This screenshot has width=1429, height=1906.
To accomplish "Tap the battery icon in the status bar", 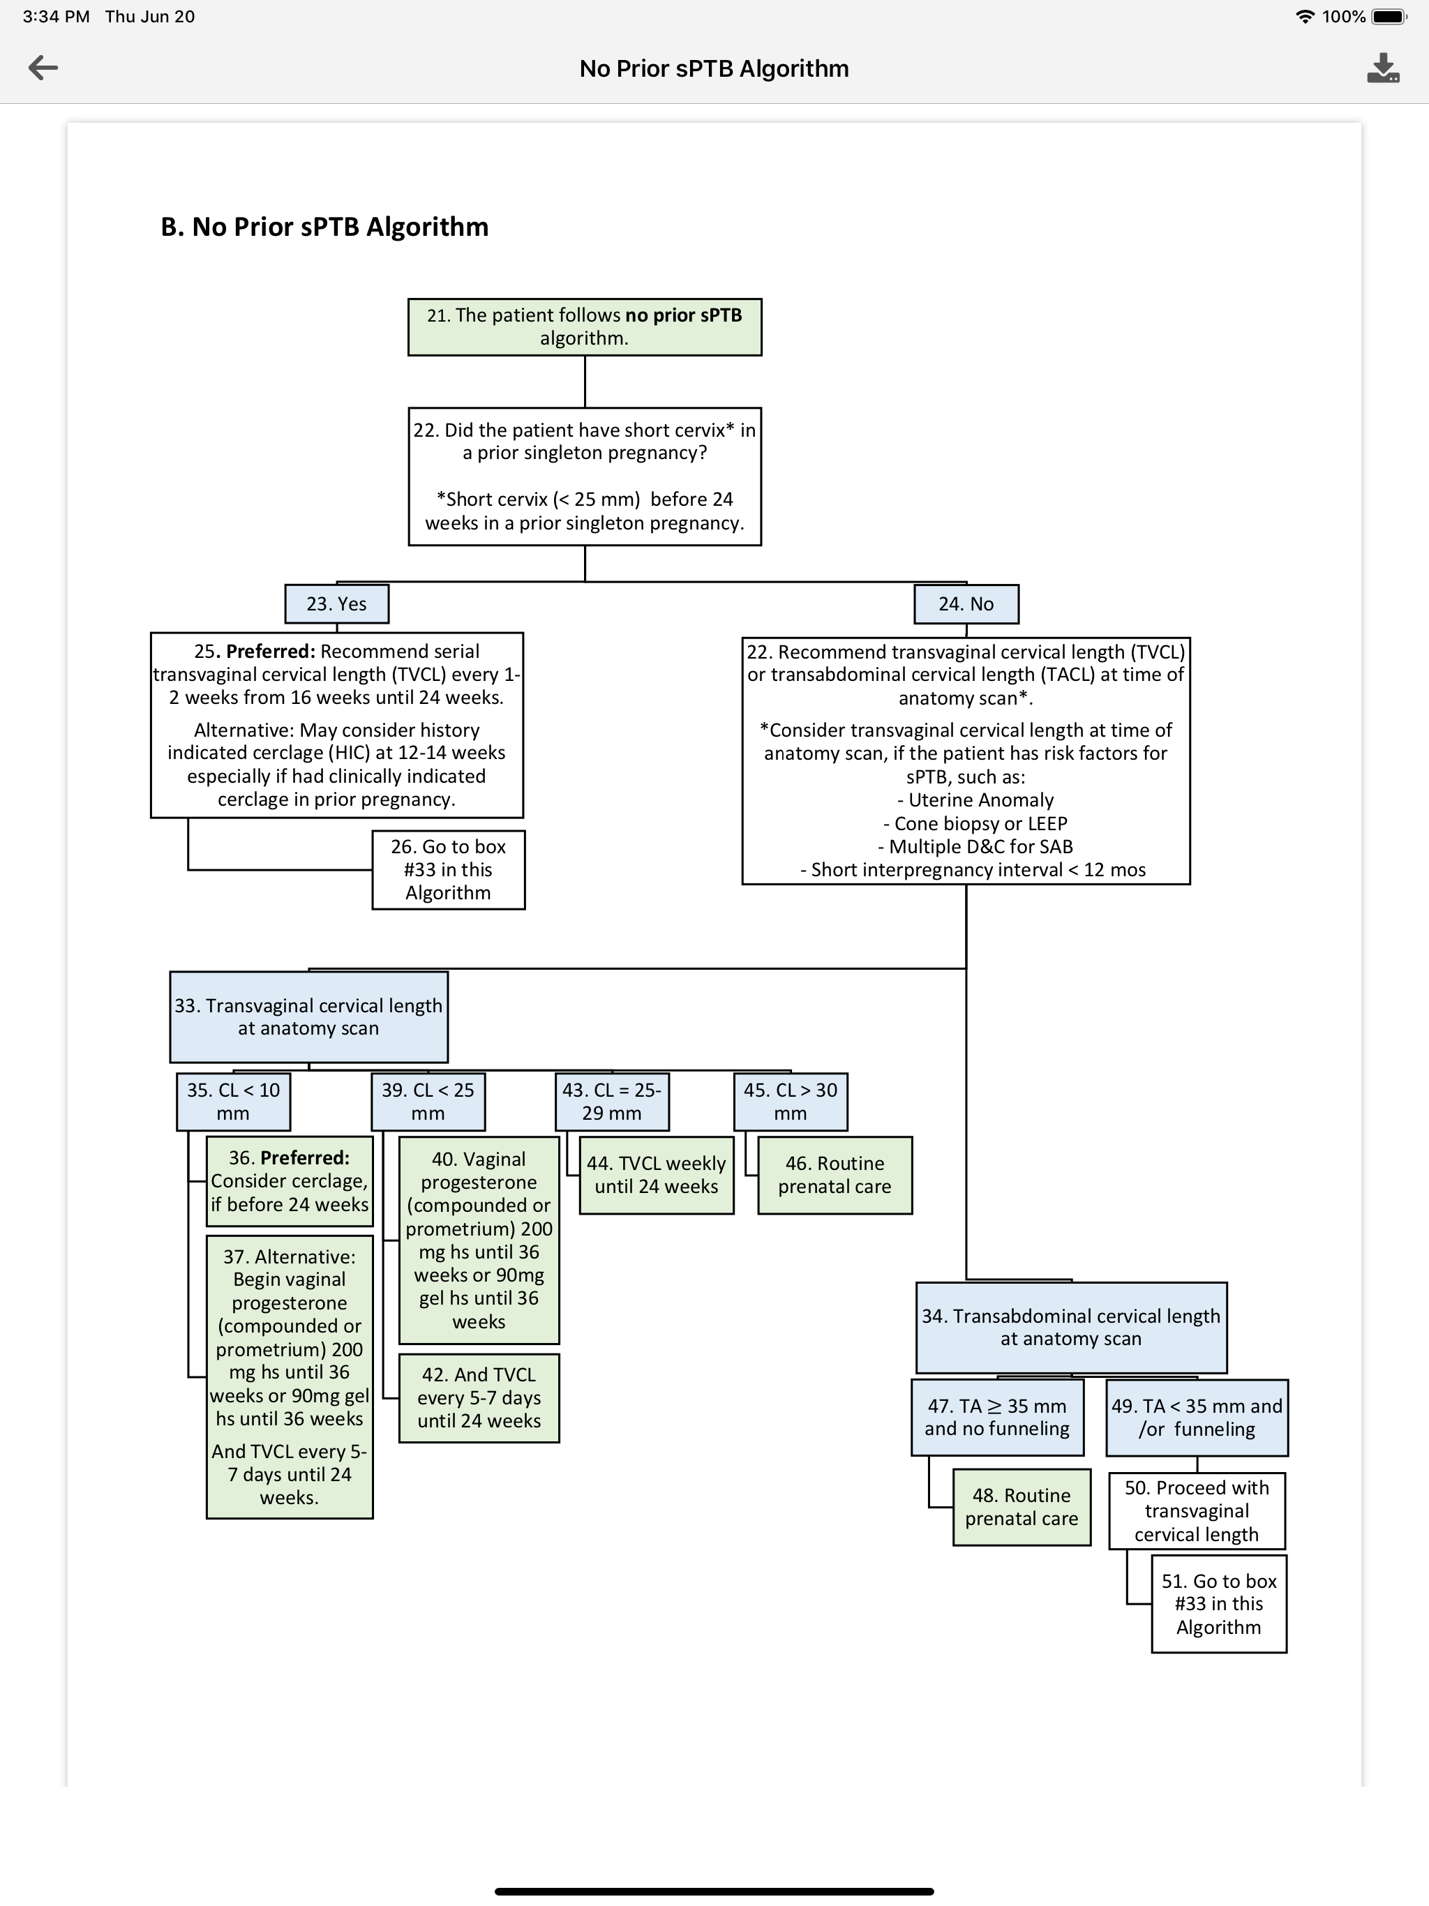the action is click(x=1389, y=16).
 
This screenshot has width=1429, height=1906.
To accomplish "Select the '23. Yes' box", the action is click(x=337, y=603).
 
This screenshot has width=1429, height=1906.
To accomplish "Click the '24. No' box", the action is click(x=966, y=603).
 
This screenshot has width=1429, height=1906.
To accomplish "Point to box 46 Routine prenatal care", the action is click(x=835, y=1176).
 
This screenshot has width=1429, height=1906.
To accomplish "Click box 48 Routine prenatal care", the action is click(x=1022, y=1507).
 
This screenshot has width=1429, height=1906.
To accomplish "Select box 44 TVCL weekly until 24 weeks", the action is click(x=657, y=1176).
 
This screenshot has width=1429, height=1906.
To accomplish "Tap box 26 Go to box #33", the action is click(x=448, y=869).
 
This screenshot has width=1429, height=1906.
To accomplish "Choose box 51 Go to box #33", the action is click(x=1219, y=1603).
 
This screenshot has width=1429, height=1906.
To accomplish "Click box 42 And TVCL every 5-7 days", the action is click(x=479, y=1397).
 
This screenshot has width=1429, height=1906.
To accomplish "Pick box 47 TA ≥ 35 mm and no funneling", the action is click(x=997, y=1418).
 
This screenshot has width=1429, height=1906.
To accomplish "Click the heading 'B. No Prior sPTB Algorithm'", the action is click(x=325, y=227).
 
